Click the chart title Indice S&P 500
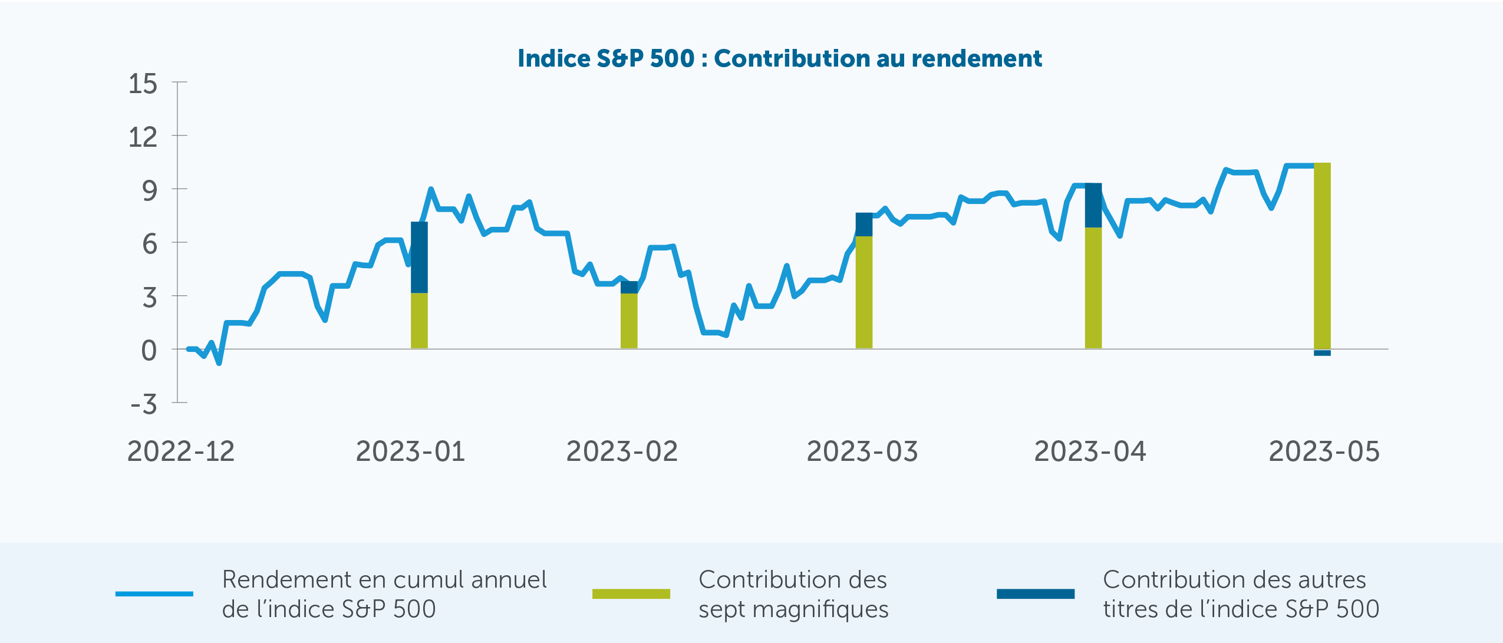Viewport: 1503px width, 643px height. click(x=779, y=58)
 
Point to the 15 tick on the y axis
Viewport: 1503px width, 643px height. click(x=143, y=84)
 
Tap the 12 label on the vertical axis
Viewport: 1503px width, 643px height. click(x=143, y=137)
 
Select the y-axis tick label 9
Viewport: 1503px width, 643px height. click(x=150, y=191)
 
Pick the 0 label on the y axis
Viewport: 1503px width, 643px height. click(x=149, y=351)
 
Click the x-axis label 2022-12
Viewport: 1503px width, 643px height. click(x=181, y=452)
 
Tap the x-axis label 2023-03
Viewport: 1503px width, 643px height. click(x=862, y=452)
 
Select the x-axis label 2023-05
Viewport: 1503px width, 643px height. click(x=1324, y=452)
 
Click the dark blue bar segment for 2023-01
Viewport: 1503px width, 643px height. click(x=419, y=257)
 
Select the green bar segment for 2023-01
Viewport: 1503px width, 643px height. click(x=419, y=321)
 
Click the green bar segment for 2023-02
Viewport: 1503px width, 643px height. click(x=629, y=321)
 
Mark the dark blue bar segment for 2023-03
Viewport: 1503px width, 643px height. click(x=863, y=225)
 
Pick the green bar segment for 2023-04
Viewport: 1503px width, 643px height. click(x=1093, y=288)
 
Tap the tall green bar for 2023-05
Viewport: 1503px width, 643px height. click(x=1322, y=256)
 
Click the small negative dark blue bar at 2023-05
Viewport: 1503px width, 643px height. click(x=1322, y=353)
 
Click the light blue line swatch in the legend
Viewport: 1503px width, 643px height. click(x=154, y=593)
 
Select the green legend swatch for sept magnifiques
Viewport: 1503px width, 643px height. click(x=631, y=593)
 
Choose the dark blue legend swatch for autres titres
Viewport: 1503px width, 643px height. click(x=1035, y=593)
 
